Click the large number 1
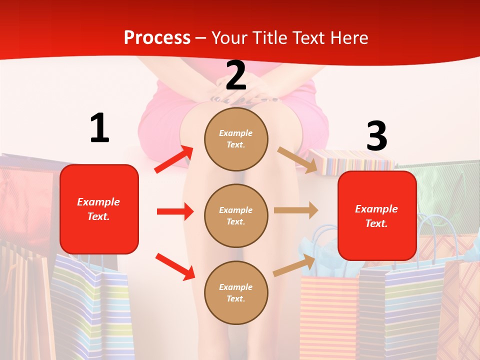[99, 128]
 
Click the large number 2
[236, 75]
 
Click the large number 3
[376, 136]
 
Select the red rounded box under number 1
[99, 208]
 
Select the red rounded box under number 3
[377, 215]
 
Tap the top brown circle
[236, 138]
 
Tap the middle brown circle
[236, 215]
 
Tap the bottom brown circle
[236, 292]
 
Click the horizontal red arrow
[175, 211]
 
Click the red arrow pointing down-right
[175, 266]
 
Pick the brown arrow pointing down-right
[297, 160]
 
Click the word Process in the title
[157, 37]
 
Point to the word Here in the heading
[348, 37]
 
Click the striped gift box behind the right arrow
[350, 161]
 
